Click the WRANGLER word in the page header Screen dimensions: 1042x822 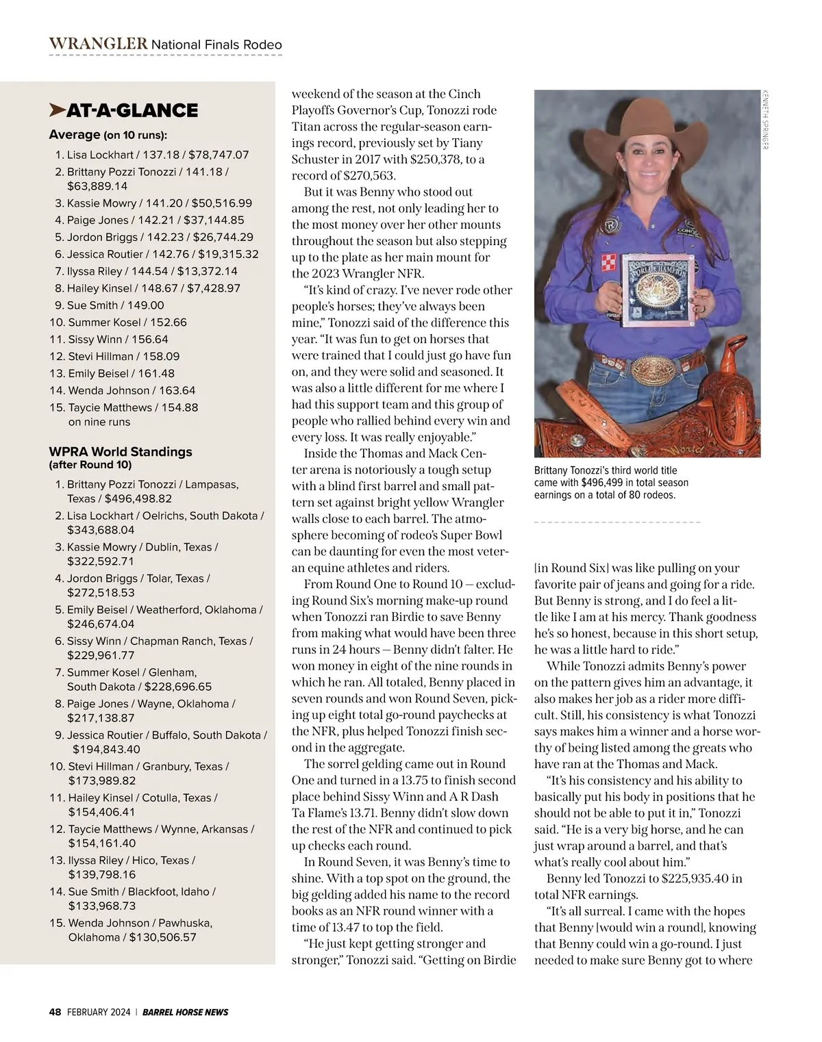click(x=98, y=44)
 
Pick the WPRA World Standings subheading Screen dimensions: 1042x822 click(x=121, y=452)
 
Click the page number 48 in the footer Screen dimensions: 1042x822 click(x=55, y=1012)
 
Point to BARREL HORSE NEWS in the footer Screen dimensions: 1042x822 click(x=186, y=1012)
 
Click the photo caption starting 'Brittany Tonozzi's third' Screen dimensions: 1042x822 click(x=611, y=482)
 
